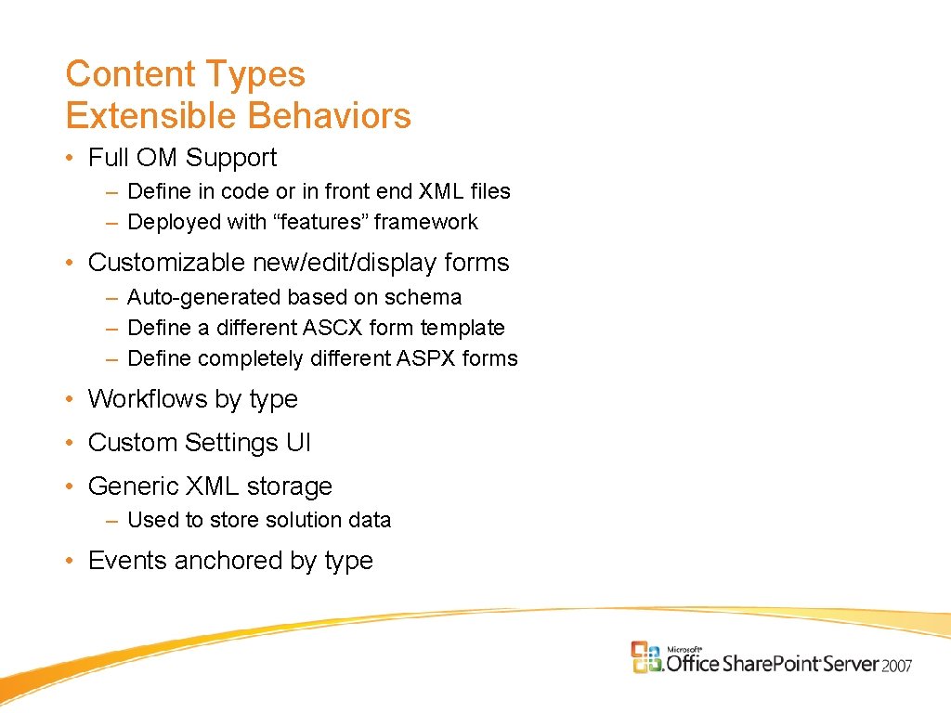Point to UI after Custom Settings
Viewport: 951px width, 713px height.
298,443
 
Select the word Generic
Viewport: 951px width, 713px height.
134,486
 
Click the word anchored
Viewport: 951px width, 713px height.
227,561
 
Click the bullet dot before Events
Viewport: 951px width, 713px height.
71,562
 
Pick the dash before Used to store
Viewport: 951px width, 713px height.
111,521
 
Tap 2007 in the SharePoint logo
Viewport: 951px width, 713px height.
897,665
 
